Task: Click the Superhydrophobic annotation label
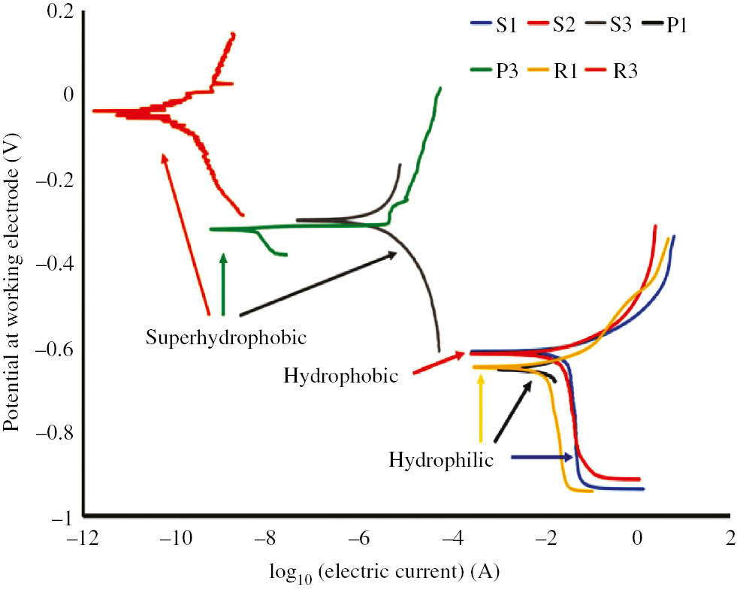click(225, 337)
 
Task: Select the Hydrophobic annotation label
click(340, 376)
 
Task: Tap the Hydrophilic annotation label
click(441, 458)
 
